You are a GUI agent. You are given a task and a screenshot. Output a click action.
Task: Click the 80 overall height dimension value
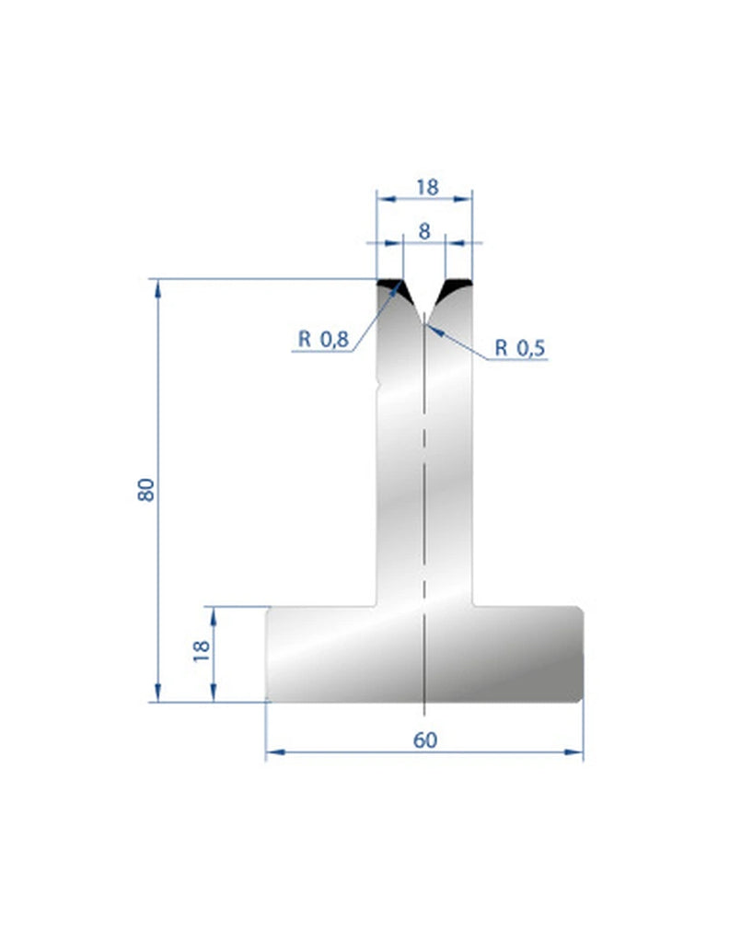(145, 488)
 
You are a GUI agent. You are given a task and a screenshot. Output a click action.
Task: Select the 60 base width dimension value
(424, 739)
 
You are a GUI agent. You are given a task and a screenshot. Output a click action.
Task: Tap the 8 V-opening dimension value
(424, 231)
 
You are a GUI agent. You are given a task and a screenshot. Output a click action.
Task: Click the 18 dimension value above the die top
(425, 186)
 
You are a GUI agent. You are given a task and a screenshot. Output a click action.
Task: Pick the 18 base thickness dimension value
(202, 652)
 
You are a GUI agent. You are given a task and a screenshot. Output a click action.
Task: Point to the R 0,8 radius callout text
(322, 340)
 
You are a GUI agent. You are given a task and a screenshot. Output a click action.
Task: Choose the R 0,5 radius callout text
(520, 347)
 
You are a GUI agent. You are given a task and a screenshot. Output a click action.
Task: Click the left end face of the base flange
(268, 653)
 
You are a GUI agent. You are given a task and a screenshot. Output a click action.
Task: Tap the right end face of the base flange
(582, 653)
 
